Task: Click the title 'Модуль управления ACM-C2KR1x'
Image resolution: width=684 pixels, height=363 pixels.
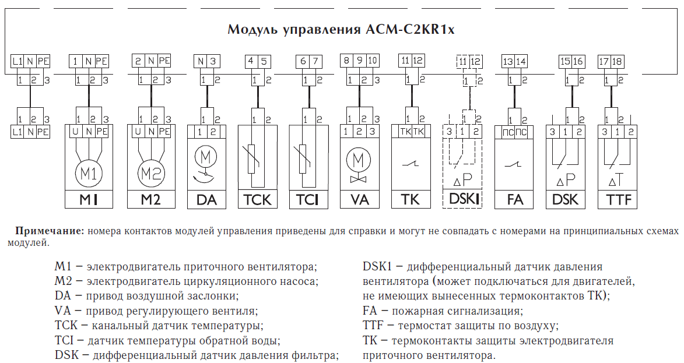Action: (341, 29)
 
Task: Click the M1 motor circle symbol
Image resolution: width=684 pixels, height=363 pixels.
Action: (89, 173)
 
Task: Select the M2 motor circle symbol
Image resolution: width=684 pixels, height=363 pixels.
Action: (152, 173)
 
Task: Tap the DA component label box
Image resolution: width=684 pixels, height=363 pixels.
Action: (207, 200)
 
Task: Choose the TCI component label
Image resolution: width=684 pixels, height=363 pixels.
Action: (307, 200)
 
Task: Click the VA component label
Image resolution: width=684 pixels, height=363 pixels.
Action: (359, 200)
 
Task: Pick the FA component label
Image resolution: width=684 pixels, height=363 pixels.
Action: (515, 200)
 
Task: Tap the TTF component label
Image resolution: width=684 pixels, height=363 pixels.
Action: (617, 200)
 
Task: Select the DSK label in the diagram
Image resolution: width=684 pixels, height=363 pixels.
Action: (565, 200)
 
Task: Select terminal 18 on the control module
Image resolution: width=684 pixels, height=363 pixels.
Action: (617, 61)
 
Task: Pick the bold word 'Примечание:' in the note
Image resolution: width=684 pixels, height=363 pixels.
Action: (50, 231)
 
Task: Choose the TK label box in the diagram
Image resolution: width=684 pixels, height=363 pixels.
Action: (411, 200)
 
